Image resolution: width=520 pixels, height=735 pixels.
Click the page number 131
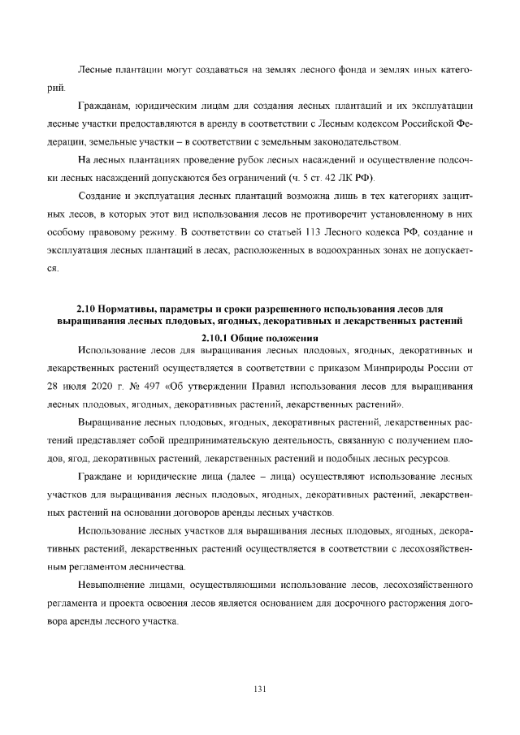pos(260,690)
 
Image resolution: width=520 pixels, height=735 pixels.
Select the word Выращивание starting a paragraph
pos(112,422)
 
